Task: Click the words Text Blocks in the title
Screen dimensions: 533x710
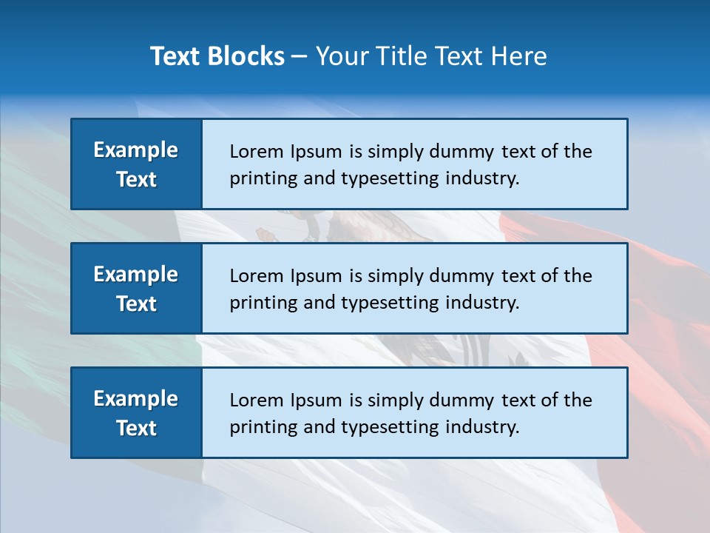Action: tap(217, 56)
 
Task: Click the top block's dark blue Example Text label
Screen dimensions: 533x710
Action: tap(136, 164)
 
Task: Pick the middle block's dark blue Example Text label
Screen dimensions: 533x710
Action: tap(136, 289)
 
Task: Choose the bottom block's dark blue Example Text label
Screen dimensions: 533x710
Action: tap(136, 413)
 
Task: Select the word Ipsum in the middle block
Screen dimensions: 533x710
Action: tap(315, 276)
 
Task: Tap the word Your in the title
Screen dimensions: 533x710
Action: tap(340, 56)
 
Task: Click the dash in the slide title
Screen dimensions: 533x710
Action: tap(300, 57)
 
